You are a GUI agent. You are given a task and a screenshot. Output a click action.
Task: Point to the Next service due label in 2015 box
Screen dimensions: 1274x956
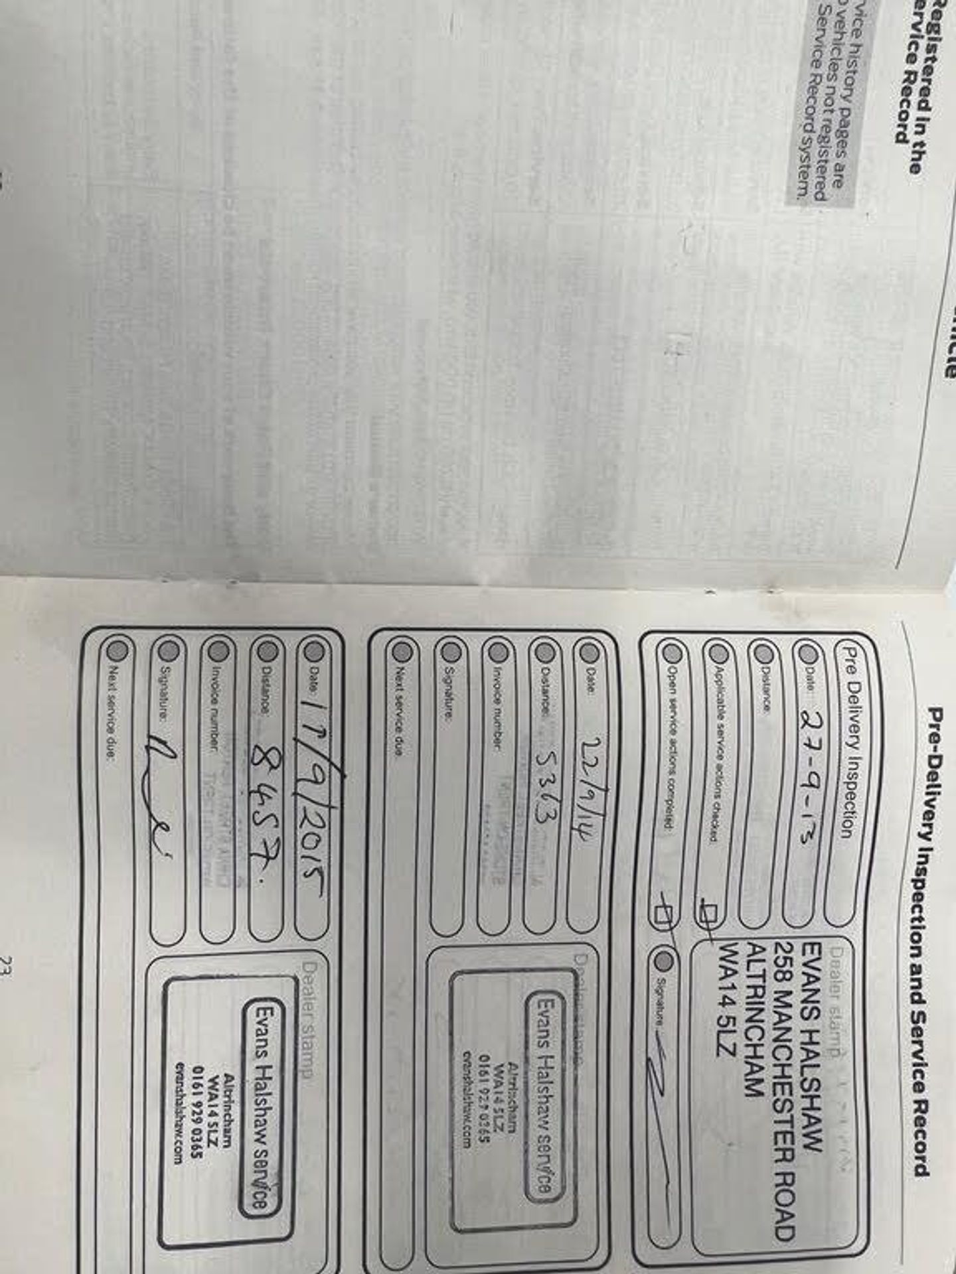coord(112,703)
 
